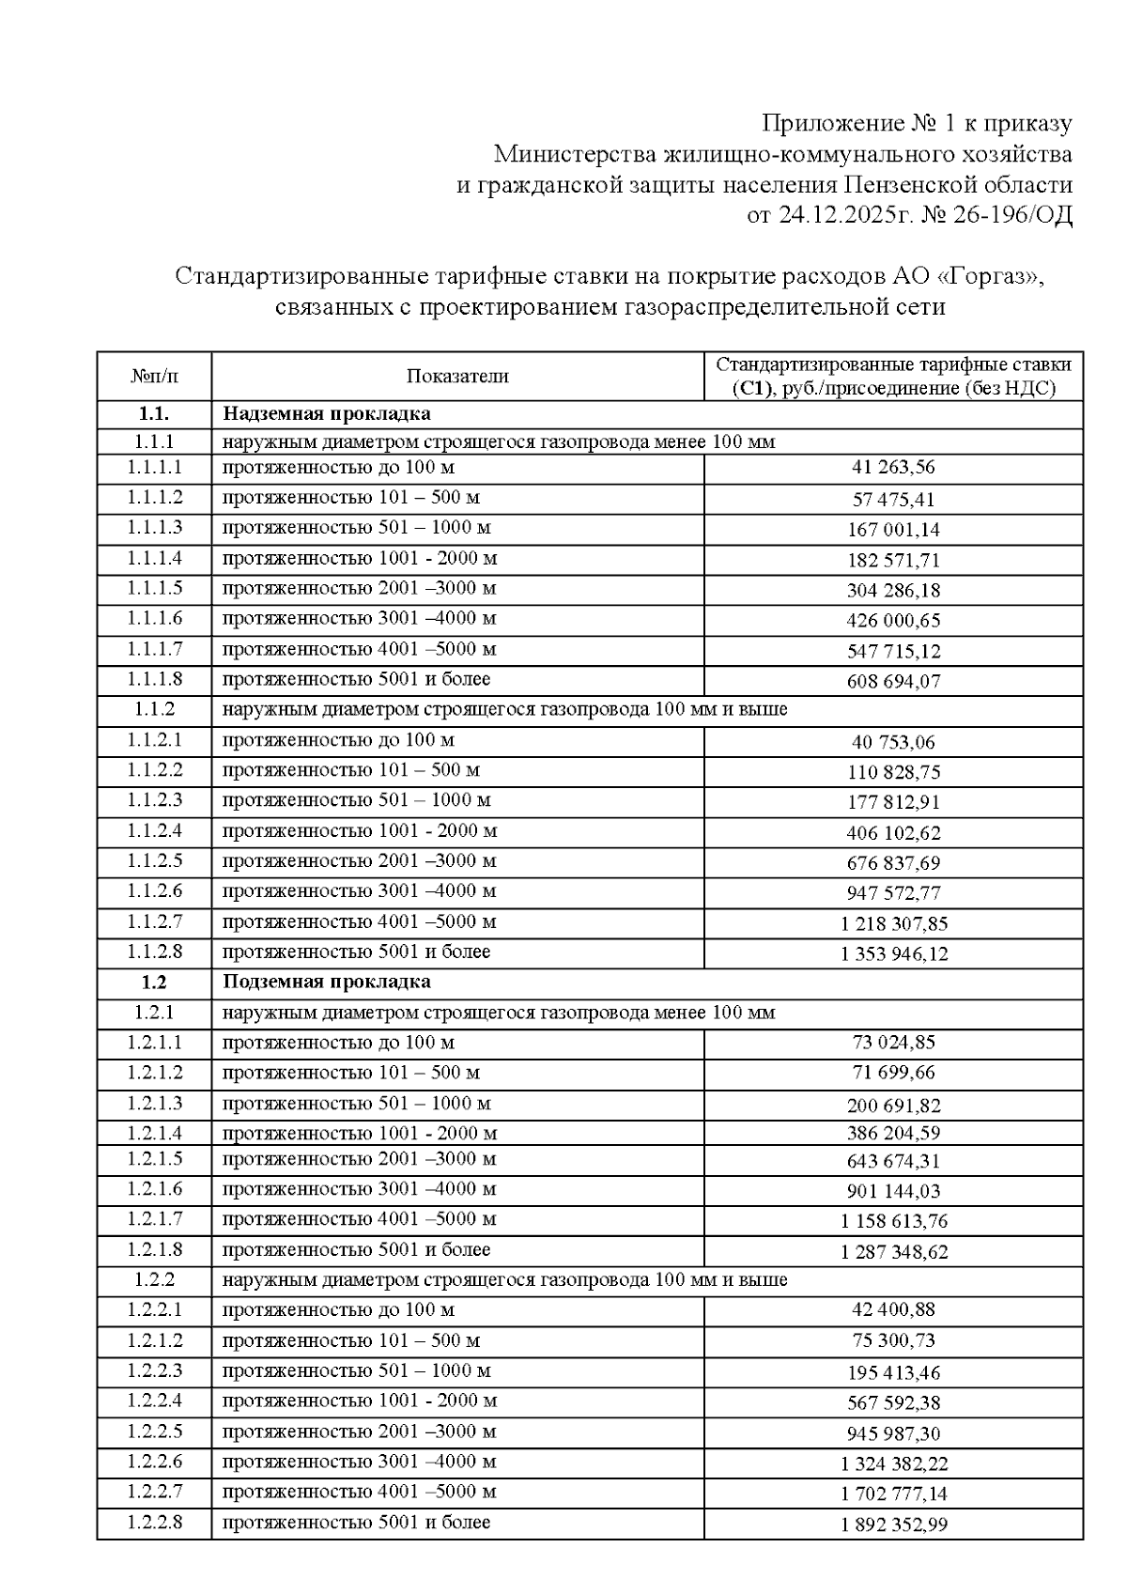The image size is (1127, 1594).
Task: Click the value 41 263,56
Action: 893,468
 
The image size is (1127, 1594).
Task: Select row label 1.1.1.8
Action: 155,679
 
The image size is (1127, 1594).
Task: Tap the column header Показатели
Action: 457,377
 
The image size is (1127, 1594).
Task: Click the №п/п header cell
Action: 154,377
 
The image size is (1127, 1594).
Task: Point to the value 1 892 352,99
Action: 893,1524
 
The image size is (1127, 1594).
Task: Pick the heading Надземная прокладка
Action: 326,414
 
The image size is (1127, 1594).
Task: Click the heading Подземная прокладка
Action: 326,982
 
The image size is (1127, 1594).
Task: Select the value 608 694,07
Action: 893,681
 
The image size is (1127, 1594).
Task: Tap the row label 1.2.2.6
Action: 155,1462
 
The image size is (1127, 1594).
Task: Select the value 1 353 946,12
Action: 893,954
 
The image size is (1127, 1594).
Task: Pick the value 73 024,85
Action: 893,1043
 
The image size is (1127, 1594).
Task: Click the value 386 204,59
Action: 893,1134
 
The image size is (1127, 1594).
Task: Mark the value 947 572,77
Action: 893,893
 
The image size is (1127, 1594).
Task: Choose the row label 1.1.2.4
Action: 155,830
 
